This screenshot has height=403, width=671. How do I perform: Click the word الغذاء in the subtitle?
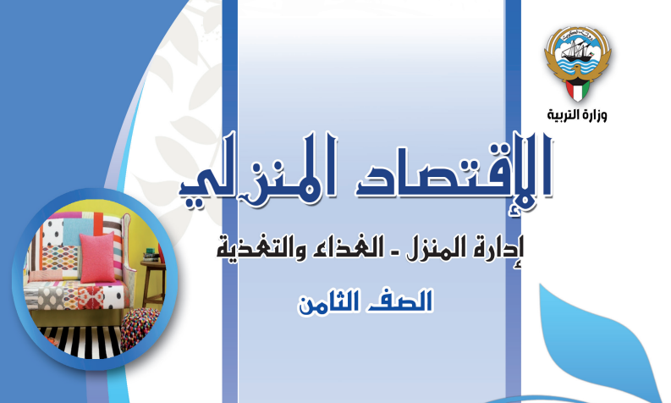coord(344,247)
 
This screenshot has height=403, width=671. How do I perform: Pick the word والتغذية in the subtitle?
coord(256,248)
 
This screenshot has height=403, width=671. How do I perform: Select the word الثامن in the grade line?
coord(328,302)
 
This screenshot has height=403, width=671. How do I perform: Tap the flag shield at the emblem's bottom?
coord(577,90)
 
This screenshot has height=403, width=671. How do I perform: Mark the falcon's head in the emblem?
coord(578,69)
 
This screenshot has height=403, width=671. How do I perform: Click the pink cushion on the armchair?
coord(98,258)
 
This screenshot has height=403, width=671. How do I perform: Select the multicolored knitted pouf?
coord(141,328)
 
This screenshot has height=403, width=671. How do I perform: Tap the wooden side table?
coord(152,283)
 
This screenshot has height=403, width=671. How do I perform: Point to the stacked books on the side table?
coord(150,255)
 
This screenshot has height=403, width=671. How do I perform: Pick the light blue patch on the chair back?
coord(77,232)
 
